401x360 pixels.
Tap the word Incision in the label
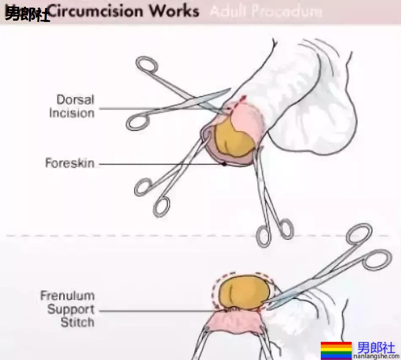coord(71,113)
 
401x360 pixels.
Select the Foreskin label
coord(70,163)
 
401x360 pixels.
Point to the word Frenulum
coord(67,296)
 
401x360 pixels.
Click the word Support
coord(70,309)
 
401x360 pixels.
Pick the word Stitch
coord(77,323)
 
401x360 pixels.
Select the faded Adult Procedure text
coord(265,11)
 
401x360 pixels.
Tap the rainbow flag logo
coord(336,350)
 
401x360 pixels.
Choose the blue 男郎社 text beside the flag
coord(377,347)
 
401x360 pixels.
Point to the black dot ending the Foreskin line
coord(224,163)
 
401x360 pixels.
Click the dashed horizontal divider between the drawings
coord(127,235)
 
